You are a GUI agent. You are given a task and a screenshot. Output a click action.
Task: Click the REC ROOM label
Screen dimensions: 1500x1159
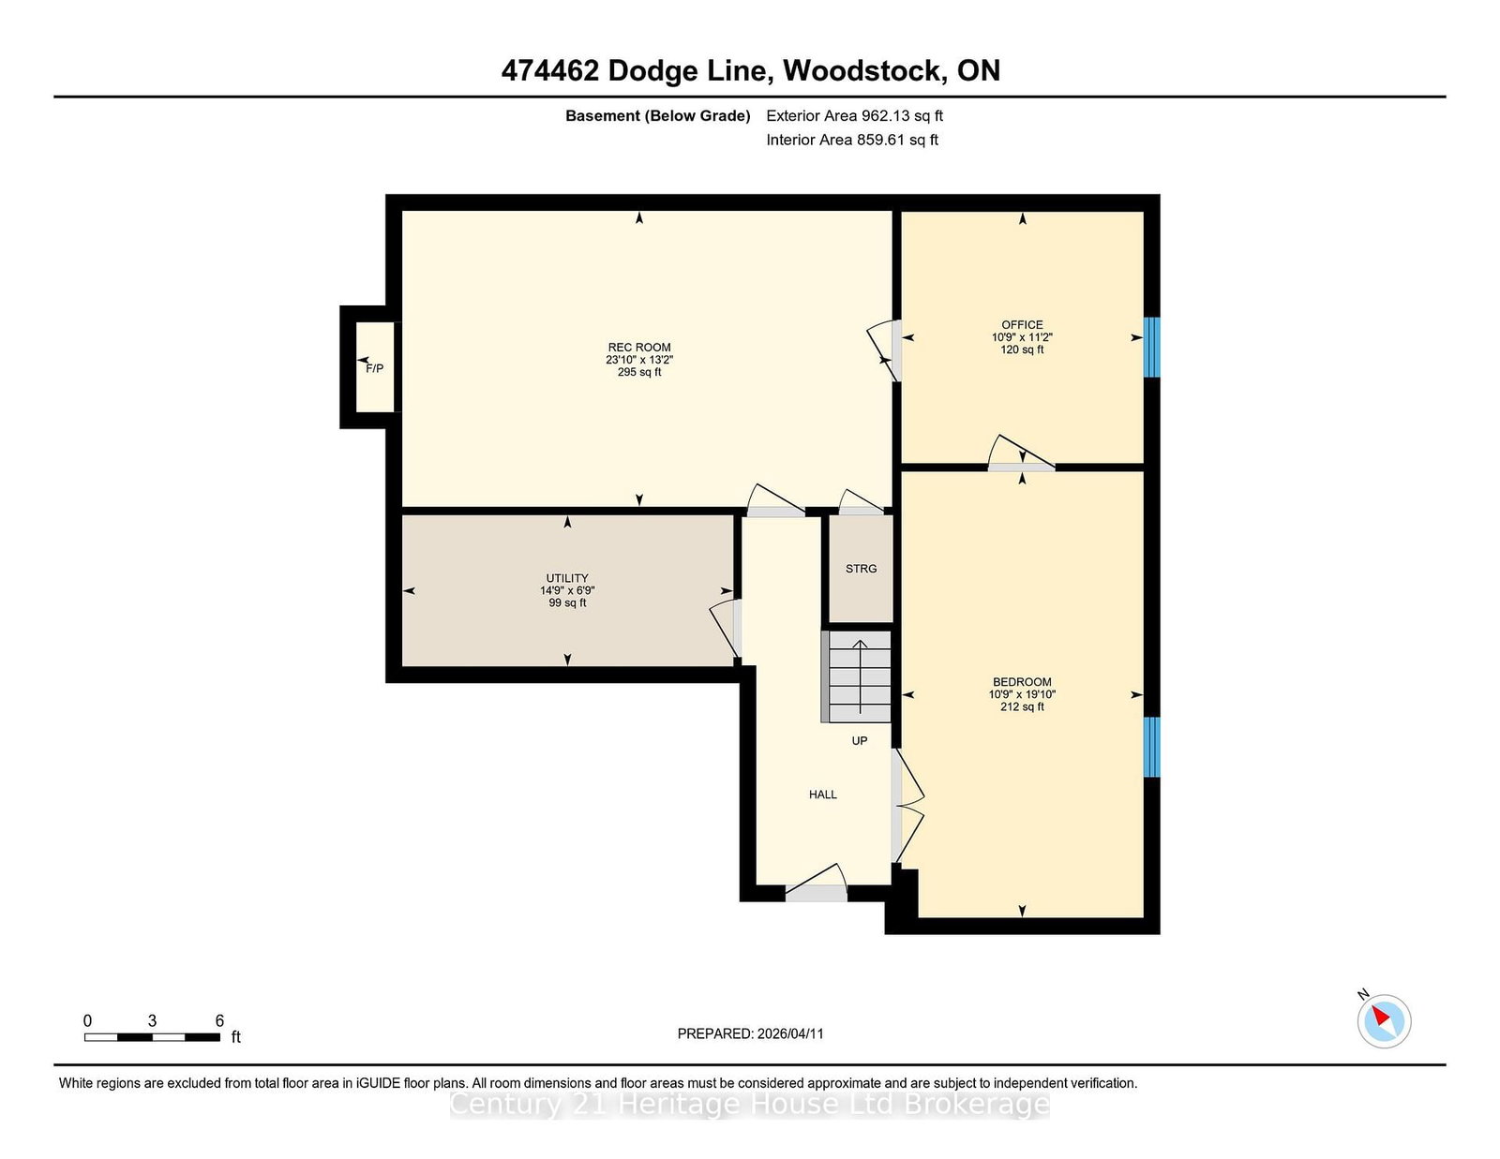click(x=639, y=347)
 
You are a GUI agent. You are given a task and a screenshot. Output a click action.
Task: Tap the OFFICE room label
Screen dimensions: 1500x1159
click(x=1022, y=324)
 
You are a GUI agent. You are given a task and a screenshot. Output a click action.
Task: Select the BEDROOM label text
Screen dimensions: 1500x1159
click(x=1022, y=681)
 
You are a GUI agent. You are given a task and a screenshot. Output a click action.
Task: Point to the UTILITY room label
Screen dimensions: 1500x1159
click(x=567, y=578)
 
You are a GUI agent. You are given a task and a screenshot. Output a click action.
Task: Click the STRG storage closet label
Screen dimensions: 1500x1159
click(x=861, y=569)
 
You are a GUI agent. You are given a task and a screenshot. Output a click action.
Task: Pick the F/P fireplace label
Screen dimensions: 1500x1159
click(x=375, y=368)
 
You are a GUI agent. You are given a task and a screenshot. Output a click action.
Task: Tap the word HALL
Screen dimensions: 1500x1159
click(x=823, y=795)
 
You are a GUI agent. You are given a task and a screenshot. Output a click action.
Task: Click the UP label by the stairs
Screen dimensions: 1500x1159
click(x=860, y=741)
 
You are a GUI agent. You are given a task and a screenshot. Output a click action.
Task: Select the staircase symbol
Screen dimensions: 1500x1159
click(x=856, y=676)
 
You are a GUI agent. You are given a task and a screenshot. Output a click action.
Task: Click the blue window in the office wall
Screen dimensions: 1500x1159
click(x=1152, y=347)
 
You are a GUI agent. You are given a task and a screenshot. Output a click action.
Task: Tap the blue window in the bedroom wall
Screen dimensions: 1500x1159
click(x=1152, y=747)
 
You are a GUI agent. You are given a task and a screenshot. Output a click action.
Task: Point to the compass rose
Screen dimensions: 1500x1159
click(x=1384, y=1021)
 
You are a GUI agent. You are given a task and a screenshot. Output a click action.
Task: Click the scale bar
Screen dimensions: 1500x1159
click(x=153, y=1037)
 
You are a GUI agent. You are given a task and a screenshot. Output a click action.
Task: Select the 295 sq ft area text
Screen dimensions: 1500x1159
click(x=639, y=372)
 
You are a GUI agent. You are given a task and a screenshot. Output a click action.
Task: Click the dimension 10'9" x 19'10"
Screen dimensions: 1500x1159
click(x=1022, y=694)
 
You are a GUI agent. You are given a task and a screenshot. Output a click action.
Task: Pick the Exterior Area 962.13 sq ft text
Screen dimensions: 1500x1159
click(x=855, y=116)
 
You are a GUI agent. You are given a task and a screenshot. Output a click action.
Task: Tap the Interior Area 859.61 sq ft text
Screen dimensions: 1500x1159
click(x=852, y=140)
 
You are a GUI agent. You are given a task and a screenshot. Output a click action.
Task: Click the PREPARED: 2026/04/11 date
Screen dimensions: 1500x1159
click(x=750, y=1033)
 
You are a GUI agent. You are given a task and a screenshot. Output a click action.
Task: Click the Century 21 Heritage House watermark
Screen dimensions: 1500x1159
click(x=750, y=1105)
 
